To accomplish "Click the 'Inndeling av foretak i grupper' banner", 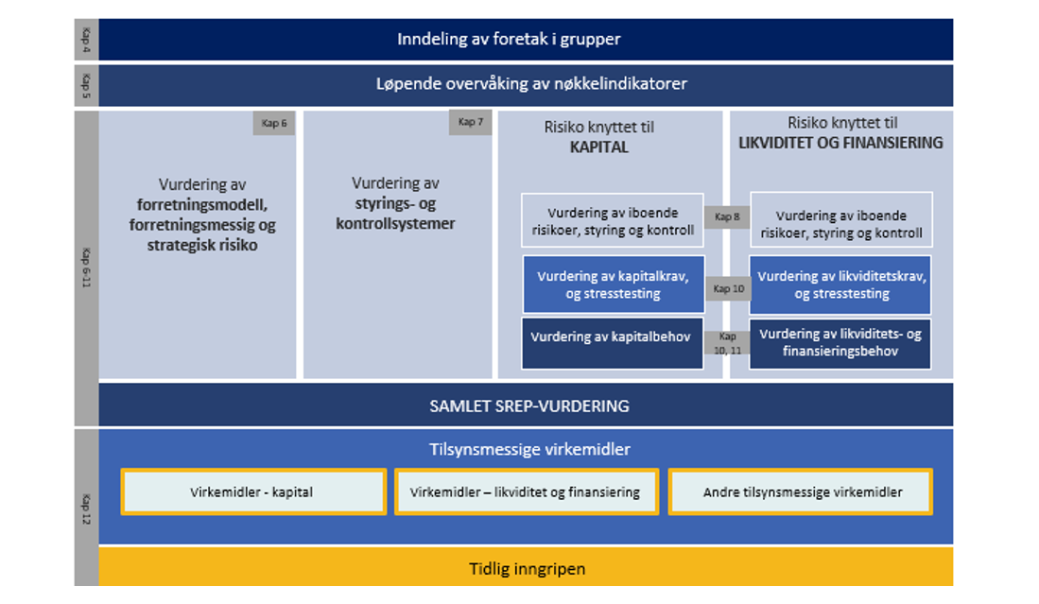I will (525, 40).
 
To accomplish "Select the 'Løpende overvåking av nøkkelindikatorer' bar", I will (525, 84).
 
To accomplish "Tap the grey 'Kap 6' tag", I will (273, 124).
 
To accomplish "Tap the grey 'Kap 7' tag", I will (470, 122).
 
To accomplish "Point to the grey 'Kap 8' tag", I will (727, 217).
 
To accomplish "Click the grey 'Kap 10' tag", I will (727, 288).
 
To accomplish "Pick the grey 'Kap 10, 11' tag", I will (727, 342).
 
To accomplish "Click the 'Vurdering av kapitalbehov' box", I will (611, 337).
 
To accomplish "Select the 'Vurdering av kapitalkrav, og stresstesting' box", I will (613, 285).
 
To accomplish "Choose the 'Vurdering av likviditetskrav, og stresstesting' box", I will (840, 285).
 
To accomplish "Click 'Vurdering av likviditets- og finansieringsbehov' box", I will (840, 342).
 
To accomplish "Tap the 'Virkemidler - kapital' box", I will (252, 492).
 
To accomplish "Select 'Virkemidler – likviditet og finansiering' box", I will (525, 492).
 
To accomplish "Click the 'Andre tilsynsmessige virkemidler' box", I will (802, 492).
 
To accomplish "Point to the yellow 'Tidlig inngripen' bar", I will (525, 569).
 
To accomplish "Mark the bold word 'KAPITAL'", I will (599, 147).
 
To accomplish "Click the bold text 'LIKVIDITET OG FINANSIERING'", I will (840, 143).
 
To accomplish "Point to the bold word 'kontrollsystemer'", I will (395, 224).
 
